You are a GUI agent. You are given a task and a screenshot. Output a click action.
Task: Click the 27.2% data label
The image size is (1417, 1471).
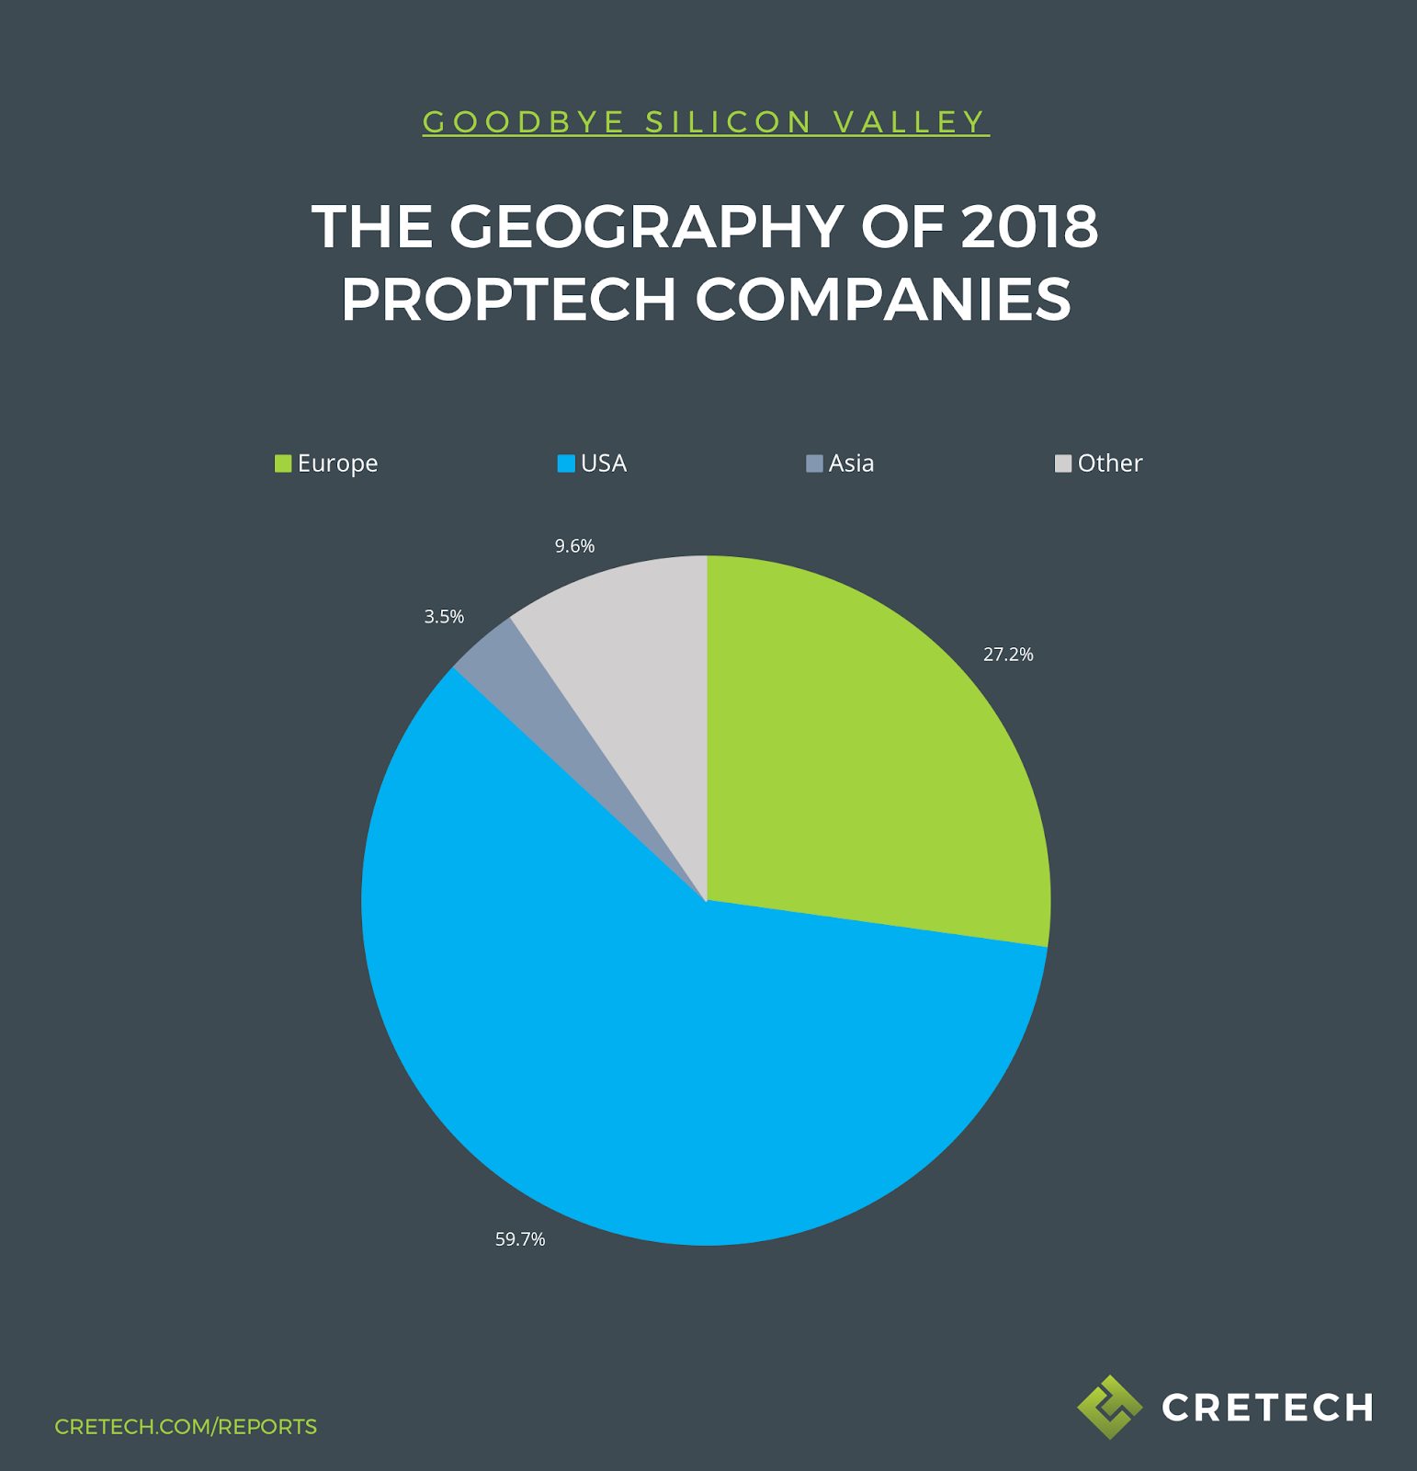pyautogui.click(x=1008, y=655)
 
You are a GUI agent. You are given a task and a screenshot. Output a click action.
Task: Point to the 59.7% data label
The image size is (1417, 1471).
pyautogui.click(x=520, y=1239)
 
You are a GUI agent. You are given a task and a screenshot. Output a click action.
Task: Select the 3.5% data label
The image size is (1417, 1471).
pyautogui.click(x=444, y=617)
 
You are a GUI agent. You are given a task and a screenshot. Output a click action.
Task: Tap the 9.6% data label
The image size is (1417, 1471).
pyautogui.click(x=574, y=546)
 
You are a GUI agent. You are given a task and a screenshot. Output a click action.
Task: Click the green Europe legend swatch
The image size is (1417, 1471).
pyautogui.click(x=283, y=463)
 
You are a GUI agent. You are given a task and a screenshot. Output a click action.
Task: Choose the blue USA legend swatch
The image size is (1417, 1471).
pyautogui.click(x=566, y=463)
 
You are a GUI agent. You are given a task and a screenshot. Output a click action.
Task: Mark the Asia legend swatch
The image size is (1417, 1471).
pyautogui.click(x=814, y=463)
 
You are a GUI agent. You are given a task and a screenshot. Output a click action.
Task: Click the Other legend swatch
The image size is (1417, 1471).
pyautogui.click(x=1063, y=463)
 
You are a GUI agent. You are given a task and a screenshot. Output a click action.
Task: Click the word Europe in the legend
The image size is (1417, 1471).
pyautogui.click(x=337, y=463)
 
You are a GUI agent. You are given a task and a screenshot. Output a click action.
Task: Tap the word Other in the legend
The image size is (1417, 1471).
pyautogui.click(x=1110, y=463)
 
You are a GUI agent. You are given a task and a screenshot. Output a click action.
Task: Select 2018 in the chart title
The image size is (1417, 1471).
pyautogui.click(x=1029, y=227)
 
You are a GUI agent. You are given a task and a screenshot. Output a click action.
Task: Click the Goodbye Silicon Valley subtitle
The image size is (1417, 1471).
pyautogui.click(x=706, y=122)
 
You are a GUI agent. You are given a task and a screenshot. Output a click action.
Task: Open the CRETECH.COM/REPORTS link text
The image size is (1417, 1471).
pyautogui.click(x=186, y=1427)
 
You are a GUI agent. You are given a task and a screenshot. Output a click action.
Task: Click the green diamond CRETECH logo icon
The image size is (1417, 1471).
pyautogui.click(x=1109, y=1407)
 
